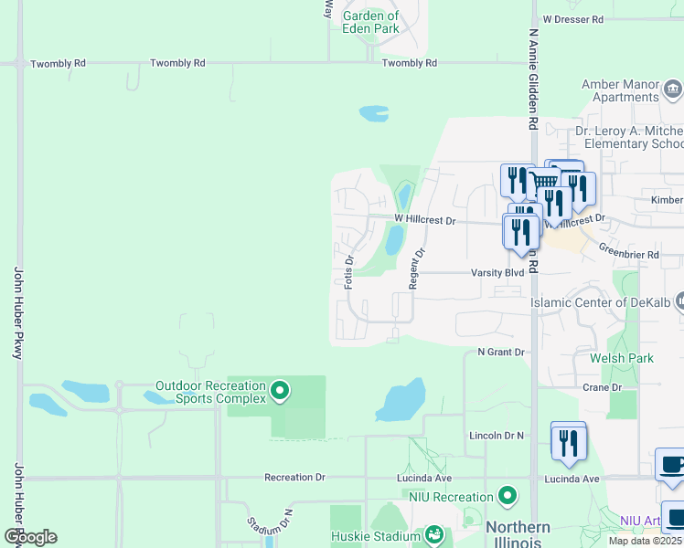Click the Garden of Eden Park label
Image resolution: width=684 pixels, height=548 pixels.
[x=370, y=22]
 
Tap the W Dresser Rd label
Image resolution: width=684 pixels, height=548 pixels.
[x=573, y=18]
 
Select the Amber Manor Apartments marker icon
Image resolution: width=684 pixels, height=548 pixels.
[x=674, y=90]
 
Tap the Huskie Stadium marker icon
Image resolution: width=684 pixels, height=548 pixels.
[x=434, y=533]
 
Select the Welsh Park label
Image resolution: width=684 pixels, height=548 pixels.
[x=622, y=358]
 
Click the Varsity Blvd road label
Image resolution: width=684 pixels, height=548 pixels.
[x=497, y=272]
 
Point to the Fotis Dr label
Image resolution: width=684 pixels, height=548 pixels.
[x=349, y=272]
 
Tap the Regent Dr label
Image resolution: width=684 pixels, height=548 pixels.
[x=416, y=269]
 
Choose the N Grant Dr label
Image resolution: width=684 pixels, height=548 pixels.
[x=501, y=352]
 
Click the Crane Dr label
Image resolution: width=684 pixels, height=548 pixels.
[x=603, y=387]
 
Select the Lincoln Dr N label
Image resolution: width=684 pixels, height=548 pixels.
[x=496, y=436]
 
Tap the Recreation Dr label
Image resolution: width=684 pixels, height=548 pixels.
[x=294, y=478]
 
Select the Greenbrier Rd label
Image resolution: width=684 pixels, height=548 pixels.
[x=629, y=254]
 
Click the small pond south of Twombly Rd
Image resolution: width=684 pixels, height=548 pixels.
[x=374, y=113]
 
